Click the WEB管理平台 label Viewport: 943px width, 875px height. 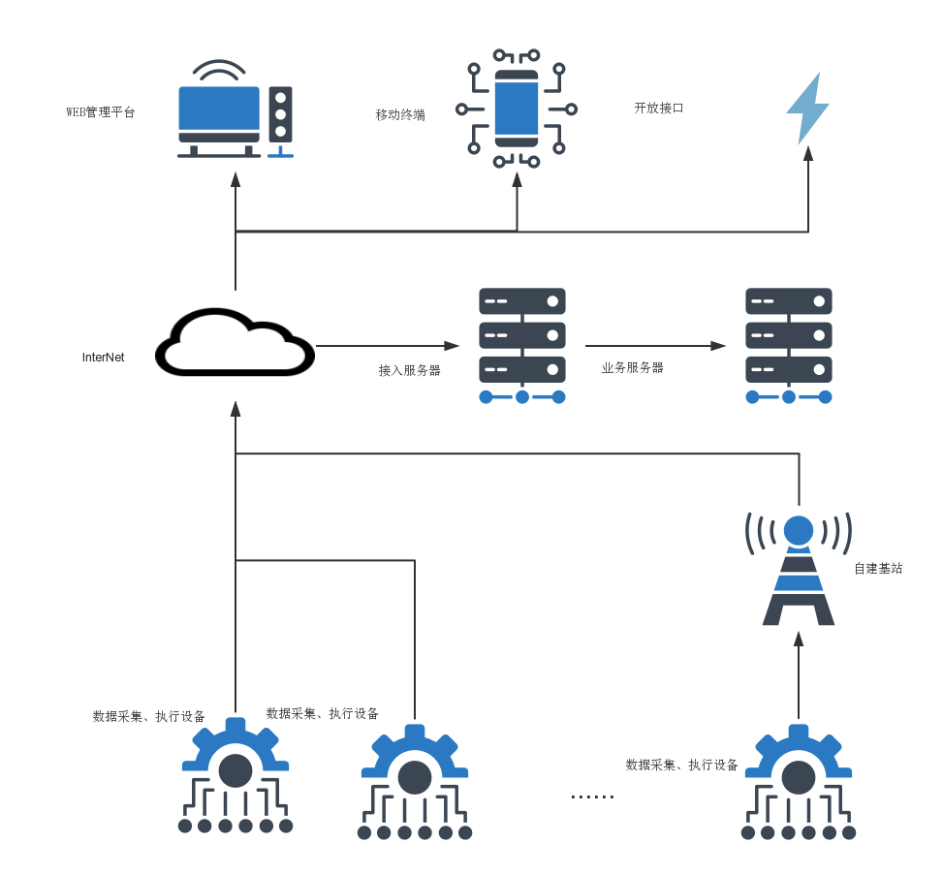click(x=101, y=112)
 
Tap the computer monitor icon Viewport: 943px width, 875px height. click(x=219, y=114)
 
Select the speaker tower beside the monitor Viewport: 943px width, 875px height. click(x=281, y=119)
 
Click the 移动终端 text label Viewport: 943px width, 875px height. click(x=400, y=114)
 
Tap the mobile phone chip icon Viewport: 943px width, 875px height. click(x=517, y=109)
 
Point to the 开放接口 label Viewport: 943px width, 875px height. click(x=659, y=108)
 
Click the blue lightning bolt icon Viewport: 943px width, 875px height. click(x=807, y=108)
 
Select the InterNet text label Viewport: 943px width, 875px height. click(x=103, y=358)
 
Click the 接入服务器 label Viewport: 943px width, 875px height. click(x=409, y=370)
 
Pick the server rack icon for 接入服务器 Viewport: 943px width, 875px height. click(x=522, y=345)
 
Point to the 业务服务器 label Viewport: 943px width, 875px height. click(x=633, y=367)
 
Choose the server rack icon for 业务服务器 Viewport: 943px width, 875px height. click(x=789, y=345)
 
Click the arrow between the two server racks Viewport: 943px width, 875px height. click(x=655, y=346)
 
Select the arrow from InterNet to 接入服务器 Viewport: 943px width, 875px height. click(x=388, y=346)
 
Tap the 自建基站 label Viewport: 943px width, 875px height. click(x=878, y=569)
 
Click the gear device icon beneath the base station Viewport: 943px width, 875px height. click(x=799, y=781)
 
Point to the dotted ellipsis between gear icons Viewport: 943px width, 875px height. click(x=592, y=797)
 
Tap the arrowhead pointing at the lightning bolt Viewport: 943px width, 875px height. click(x=808, y=153)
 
